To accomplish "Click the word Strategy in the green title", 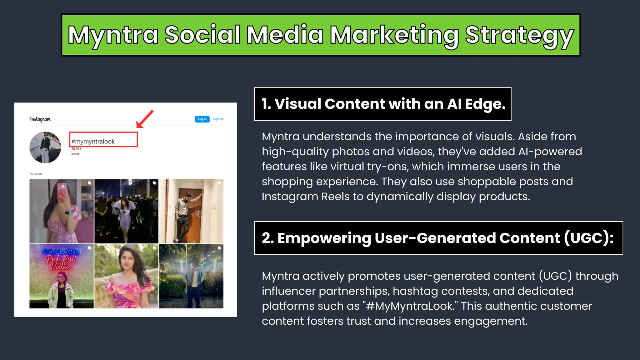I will click(519, 35).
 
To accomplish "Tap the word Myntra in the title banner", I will click(113, 35).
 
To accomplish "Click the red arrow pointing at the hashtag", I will click(145, 119).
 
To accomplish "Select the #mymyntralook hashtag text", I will click(93, 141).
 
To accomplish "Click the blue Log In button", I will click(202, 119).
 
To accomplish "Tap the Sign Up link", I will click(218, 119).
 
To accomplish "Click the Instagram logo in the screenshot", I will click(40, 119).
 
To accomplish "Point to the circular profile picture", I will click(45, 147).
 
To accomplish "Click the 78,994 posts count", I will click(76, 151).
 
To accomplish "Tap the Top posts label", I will click(36, 174).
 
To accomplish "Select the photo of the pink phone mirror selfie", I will click(62, 211).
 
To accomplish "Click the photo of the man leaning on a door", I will click(191, 211).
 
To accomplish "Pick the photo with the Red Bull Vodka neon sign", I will click(62, 276).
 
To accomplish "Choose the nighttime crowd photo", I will click(126, 211).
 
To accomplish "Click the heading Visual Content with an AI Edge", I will click(383, 104).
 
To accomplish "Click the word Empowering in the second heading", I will click(324, 238).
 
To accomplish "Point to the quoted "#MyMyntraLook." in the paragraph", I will click(410, 306).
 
